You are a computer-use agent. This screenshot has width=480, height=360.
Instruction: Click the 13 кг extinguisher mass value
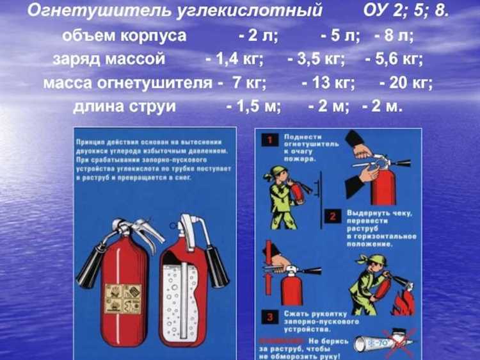(x=327, y=83)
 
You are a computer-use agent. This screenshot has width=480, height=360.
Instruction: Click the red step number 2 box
(x=332, y=217)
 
